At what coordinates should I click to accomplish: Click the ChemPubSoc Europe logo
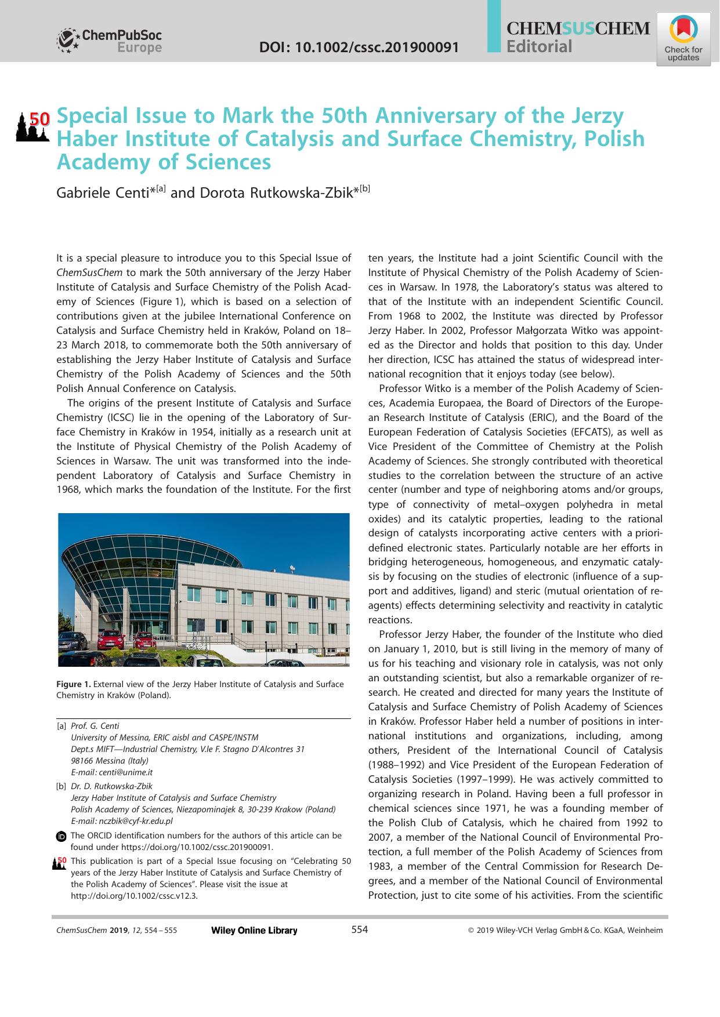[x=109, y=41]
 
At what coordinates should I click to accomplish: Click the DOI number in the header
[x=359, y=47]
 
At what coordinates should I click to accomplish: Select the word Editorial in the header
[x=539, y=47]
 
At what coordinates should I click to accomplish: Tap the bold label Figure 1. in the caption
[x=74, y=684]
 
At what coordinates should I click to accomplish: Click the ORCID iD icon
[x=61, y=836]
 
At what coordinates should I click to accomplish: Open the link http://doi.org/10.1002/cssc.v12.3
[x=134, y=895]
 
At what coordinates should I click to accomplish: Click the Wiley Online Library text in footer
[x=254, y=931]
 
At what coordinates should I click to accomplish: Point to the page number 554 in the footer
[x=360, y=930]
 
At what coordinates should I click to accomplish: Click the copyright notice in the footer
[x=565, y=931]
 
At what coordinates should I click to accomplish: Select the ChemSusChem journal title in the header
[x=578, y=28]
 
